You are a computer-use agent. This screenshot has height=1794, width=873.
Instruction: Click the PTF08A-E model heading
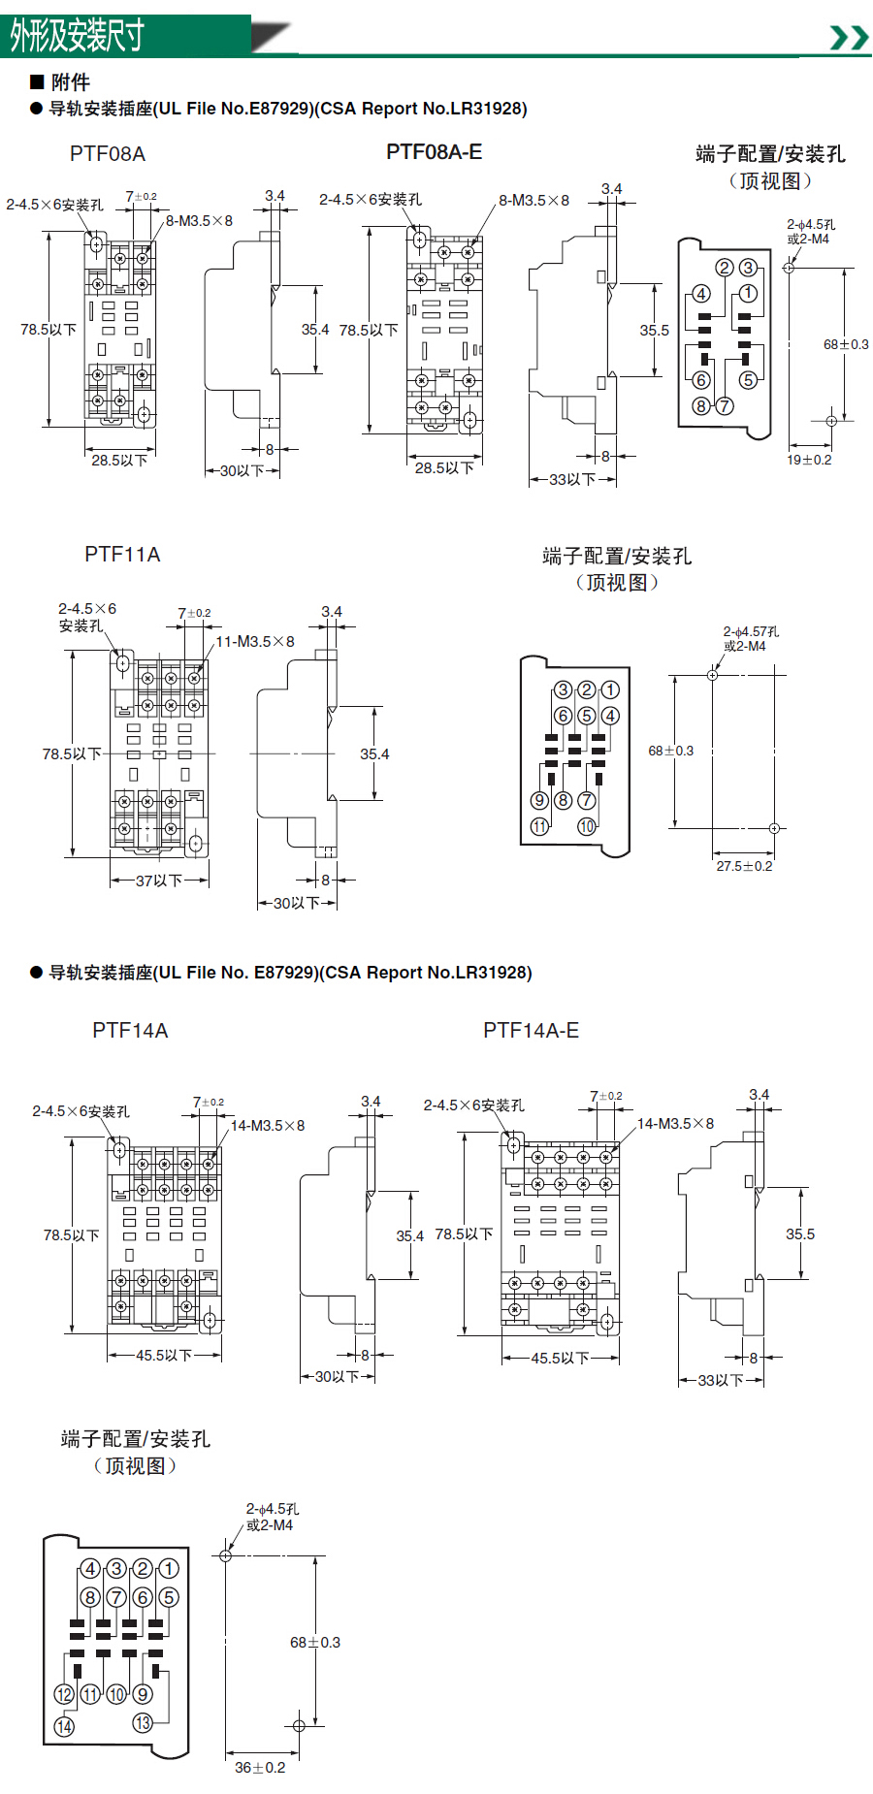[x=434, y=152]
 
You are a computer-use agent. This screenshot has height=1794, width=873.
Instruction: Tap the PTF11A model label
[x=122, y=555]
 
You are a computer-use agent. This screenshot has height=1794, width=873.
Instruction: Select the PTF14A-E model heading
[x=531, y=1031]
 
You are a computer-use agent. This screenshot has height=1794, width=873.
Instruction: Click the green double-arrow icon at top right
[x=849, y=38]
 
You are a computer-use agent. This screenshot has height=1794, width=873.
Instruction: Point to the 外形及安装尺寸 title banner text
[x=78, y=36]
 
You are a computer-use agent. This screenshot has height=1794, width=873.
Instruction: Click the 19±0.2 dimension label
[x=809, y=460]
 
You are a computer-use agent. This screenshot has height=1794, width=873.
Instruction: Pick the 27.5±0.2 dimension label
[x=744, y=866]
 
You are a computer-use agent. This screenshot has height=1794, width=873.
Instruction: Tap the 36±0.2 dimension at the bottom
[x=260, y=1768]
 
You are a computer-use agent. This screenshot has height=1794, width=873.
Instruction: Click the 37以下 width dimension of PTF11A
[x=159, y=881]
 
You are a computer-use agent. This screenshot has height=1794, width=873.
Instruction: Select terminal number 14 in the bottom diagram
[x=64, y=1727]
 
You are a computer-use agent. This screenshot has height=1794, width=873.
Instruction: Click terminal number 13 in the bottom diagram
[x=143, y=1723]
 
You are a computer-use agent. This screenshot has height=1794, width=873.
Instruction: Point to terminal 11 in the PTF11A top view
[x=539, y=826]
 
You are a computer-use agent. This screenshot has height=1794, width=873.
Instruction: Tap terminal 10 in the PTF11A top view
[x=587, y=826]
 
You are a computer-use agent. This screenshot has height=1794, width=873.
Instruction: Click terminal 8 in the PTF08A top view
[x=700, y=406]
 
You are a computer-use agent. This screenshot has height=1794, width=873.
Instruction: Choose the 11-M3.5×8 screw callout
[x=255, y=642]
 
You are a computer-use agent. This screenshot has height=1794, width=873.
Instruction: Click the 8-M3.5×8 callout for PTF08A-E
[x=533, y=201]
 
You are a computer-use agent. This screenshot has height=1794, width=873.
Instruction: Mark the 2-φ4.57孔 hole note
[x=751, y=631]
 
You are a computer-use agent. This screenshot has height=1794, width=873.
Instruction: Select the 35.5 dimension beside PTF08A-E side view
[x=654, y=331]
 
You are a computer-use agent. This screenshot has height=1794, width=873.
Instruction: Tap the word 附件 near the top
[x=70, y=82]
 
